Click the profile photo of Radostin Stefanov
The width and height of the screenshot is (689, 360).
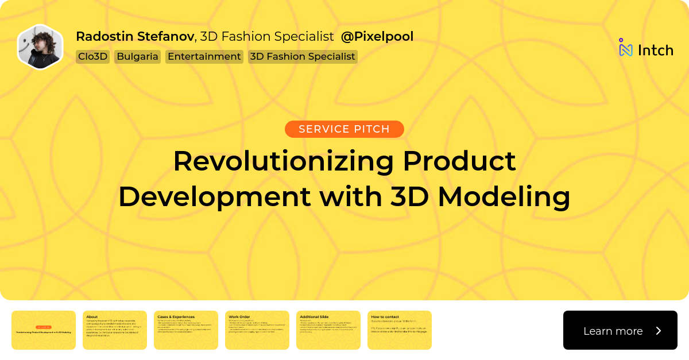[x=40, y=47]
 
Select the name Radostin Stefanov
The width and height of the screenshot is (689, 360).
[x=135, y=37]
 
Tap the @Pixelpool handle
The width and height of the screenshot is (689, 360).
[x=377, y=37]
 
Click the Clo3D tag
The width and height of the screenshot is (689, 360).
[x=92, y=57]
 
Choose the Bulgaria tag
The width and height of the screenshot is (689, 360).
[x=137, y=57]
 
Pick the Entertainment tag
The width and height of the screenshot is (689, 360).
[x=204, y=57]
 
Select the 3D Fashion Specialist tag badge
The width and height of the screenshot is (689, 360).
[x=303, y=57]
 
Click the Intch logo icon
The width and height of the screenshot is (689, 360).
[x=625, y=48]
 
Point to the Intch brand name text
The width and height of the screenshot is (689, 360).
[x=655, y=51]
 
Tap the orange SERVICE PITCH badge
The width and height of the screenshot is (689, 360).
[x=344, y=129]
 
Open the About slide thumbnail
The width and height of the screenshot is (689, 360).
[x=115, y=330]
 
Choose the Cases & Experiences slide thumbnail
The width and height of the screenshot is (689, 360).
[x=186, y=330]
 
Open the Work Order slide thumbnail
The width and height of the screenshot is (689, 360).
[x=257, y=330]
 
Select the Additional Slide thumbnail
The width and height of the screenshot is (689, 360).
[x=328, y=330]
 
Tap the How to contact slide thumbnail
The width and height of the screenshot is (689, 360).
[x=400, y=330]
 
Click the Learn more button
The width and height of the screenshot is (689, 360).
[x=620, y=330]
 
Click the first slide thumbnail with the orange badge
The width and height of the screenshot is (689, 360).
[x=44, y=330]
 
